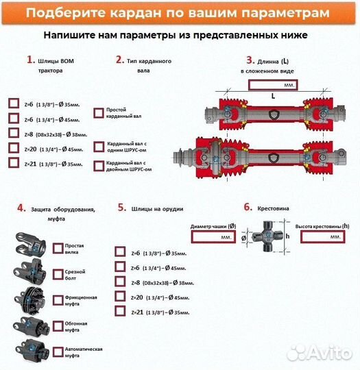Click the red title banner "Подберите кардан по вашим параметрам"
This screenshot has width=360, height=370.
[x=180, y=14]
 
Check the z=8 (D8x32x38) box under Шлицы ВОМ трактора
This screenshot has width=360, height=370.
[x=14, y=133]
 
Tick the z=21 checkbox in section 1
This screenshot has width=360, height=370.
[x=14, y=163]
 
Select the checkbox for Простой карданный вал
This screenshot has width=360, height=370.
[x=98, y=112]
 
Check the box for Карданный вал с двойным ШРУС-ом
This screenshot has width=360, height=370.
[x=98, y=166]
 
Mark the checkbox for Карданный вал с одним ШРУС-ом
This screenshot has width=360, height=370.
[x=98, y=147]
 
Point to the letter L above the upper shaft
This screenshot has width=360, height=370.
[x=272, y=97]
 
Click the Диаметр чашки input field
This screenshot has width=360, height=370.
[x=213, y=236]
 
